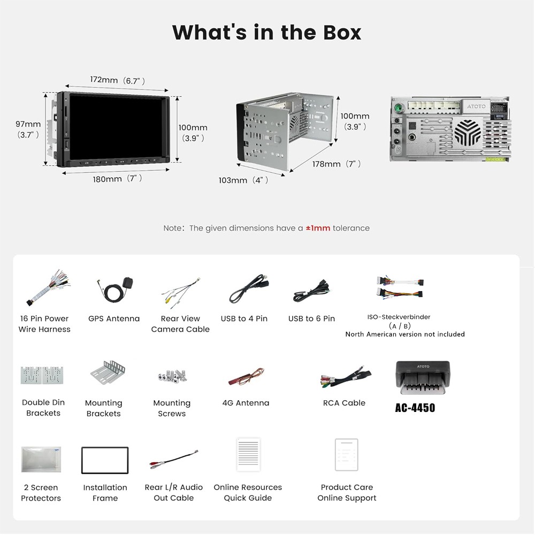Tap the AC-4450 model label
coord(415,408)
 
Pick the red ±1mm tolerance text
coord(318,228)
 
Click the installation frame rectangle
coord(105,460)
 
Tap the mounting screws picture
coord(172,376)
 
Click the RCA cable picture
coord(346,376)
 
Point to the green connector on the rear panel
coord(398,108)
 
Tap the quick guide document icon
coord(248,455)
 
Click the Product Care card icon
coord(346,455)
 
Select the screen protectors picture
coord(41,459)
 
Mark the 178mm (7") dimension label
coord(337,164)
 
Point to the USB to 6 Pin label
coord(311,319)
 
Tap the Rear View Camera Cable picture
coord(181,293)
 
